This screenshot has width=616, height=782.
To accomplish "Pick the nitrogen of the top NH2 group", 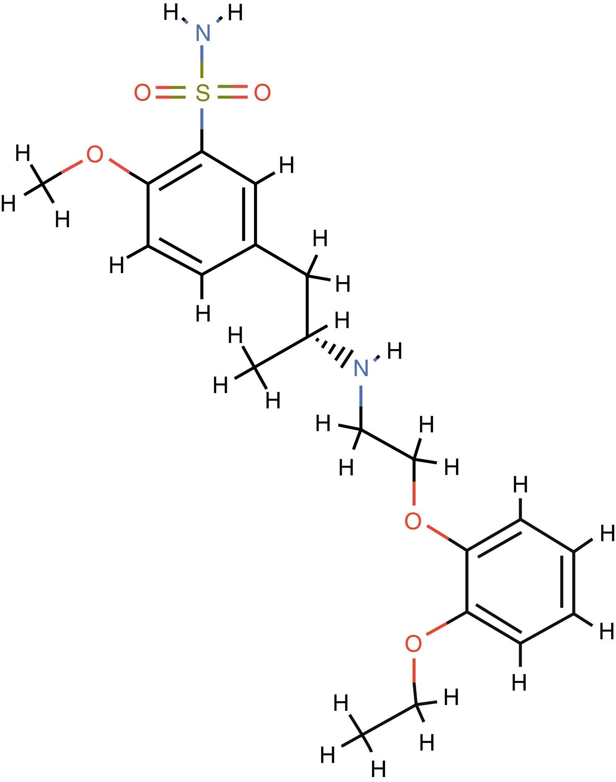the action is pos(202,33).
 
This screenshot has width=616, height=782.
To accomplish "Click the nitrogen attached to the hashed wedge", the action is pos(361,368).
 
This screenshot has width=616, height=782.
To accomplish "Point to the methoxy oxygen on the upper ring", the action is pos(94,155).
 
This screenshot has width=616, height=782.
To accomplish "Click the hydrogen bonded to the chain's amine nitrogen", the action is pos(394,351).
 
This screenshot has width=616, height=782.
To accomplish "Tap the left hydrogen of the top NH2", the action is pos(171,13).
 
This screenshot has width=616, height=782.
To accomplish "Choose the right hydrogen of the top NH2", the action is pos(235,13).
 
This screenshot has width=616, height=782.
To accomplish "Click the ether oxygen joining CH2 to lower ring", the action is pos(413,521).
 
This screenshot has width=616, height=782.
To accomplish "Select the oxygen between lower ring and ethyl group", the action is pos(413,644).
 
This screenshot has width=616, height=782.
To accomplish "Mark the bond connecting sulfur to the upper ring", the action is pos(202,128).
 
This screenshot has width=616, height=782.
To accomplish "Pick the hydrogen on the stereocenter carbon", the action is pos(342,321).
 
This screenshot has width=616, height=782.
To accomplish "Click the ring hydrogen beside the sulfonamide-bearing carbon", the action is pos(286,165).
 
